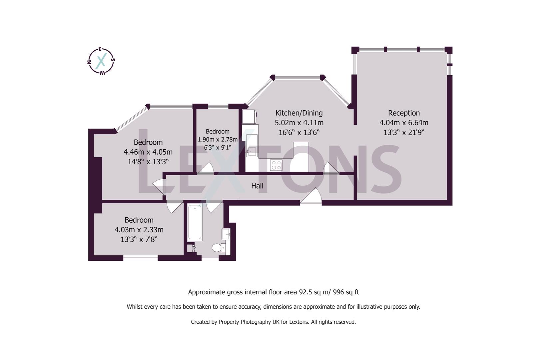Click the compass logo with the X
click(x=101, y=61)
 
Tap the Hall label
click(x=257, y=186)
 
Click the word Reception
click(x=404, y=113)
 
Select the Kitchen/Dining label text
click(x=299, y=113)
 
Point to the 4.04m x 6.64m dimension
click(x=404, y=123)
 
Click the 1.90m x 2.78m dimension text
click(x=218, y=139)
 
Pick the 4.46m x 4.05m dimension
click(x=148, y=152)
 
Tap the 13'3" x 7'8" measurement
click(x=139, y=240)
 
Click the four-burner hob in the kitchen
click(x=276, y=165)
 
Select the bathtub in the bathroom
click(x=195, y=222)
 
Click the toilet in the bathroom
click(x=219, y=248)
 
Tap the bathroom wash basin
click(x=226, y=234)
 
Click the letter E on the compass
click(x=100, y=50)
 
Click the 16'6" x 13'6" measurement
click(x=299, y=133)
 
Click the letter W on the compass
click(x=103, y=73)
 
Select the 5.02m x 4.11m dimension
click(x=299, y=123)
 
